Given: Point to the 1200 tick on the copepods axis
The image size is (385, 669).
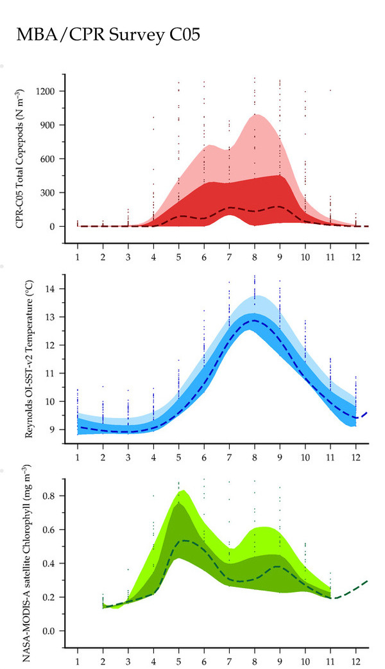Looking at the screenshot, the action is click(x=46, y=91).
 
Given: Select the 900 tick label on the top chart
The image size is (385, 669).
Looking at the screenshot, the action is click(x=48, y=125).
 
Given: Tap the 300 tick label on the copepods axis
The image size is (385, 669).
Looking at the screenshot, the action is click(x=48, y=193).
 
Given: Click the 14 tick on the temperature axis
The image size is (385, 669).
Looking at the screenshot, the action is click(x=50, y=289).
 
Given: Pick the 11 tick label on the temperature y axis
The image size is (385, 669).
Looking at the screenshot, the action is click(x=50, y=373).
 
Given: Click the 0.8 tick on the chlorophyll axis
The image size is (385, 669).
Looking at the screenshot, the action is click(x=49, y=496).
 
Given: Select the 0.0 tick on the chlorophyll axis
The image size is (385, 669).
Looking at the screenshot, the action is click(x=49, y=631).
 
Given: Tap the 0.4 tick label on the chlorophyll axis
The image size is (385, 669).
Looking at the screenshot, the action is click(x=49, y=564).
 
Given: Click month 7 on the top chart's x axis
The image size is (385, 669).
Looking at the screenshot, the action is click(x=229, y=257).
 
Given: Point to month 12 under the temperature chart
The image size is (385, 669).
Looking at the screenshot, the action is click(x=355, y=457).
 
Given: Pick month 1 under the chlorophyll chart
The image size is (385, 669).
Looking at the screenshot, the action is click(x=78, y=663).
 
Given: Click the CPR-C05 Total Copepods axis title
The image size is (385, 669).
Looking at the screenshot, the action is click(x=20, y=159).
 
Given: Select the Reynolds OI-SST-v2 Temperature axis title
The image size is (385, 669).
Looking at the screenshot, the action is click(x=29, y=359).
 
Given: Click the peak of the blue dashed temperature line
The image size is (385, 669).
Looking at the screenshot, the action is click(x=255, y=320).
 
